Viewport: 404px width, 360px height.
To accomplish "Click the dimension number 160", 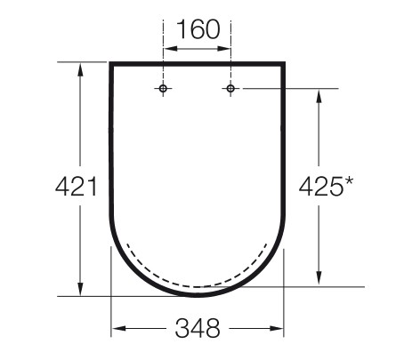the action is [x=198, y=29].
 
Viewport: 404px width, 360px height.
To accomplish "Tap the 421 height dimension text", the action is [x=77, y=187].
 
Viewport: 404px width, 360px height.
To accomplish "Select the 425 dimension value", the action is [x=320, y=187].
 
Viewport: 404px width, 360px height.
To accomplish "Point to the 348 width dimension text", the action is [x=198, y=328].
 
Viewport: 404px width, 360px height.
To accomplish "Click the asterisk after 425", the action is [x=349, y=181].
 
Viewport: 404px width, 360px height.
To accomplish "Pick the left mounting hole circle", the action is [x=163, y=88].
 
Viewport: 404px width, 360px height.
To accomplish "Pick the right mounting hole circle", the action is [x=230, y=88].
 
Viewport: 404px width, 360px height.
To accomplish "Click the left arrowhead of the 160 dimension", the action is [x=170, y=48].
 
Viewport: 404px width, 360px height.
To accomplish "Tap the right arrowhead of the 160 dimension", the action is [x=223, y=48].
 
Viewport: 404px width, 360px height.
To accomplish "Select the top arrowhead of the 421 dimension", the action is [x=80, y=69].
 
